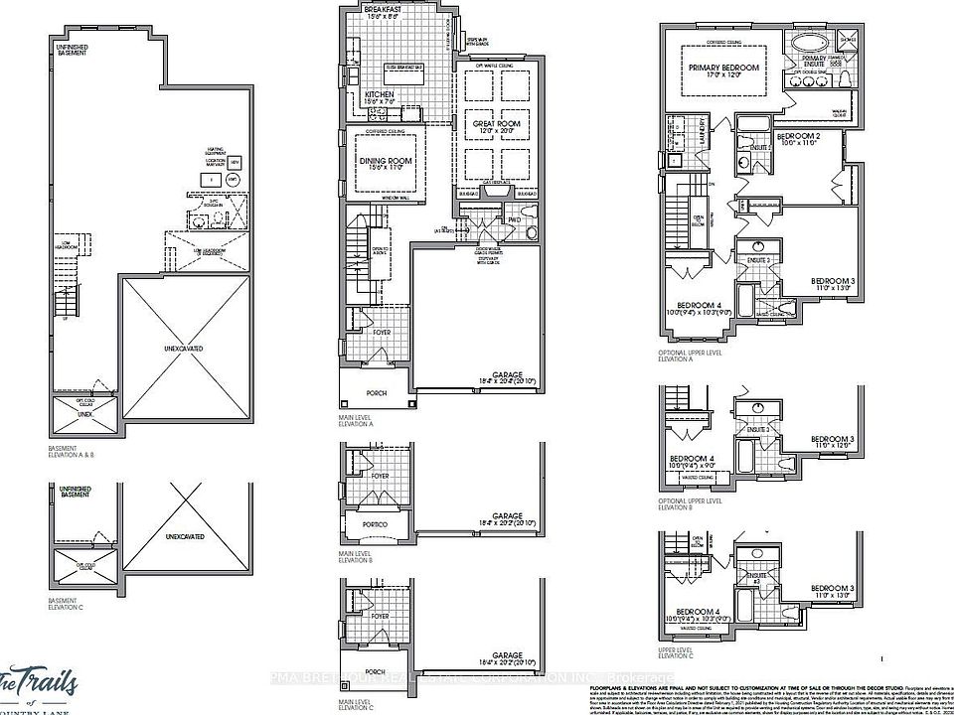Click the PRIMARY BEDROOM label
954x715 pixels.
[723, 68]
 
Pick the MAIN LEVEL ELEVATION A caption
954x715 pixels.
[356, 421]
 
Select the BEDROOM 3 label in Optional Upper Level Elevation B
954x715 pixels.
[832, 439]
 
